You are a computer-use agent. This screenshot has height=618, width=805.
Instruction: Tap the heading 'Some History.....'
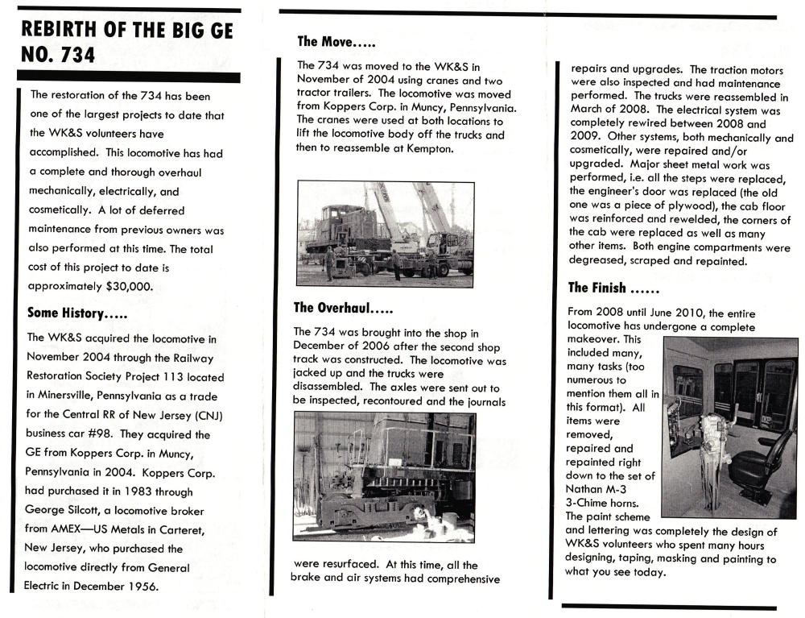tap(76, 313)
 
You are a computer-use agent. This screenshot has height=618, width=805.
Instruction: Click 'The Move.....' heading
tap(336, 41)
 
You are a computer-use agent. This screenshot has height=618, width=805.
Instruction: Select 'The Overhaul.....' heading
tap(343, 307)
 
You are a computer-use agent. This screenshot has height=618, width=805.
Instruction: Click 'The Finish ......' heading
tap(613, 288)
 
